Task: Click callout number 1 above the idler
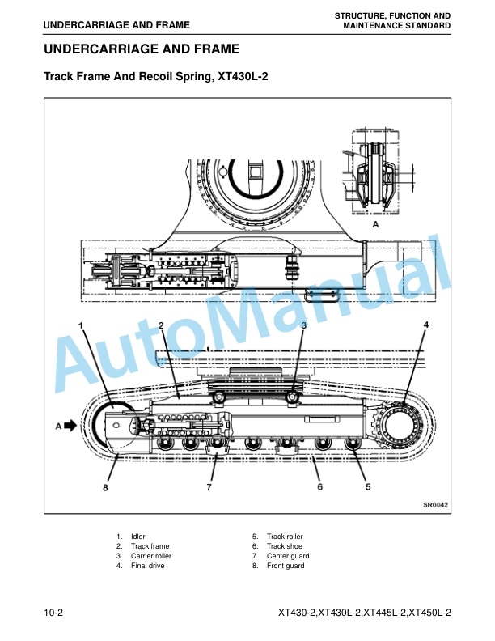point(81,325)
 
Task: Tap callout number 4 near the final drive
point(426,325)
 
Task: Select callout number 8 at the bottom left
point(105,488)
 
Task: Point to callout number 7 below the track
point(209,487)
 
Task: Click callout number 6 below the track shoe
point(319,487)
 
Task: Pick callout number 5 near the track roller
point(368,487)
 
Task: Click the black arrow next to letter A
point(70,426)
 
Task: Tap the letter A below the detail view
point(376,224)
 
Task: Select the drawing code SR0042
point(435,505)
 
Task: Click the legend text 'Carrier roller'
point(151,556)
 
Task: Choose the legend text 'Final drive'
point(147,566)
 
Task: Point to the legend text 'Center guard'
point(288,556)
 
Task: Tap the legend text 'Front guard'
point(286,566)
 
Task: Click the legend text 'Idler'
point(138,537)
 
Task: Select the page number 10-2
point(53,613)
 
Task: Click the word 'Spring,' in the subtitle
point(195,76)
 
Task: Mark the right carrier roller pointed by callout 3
point(292,397)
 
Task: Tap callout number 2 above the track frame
point(161,325)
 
